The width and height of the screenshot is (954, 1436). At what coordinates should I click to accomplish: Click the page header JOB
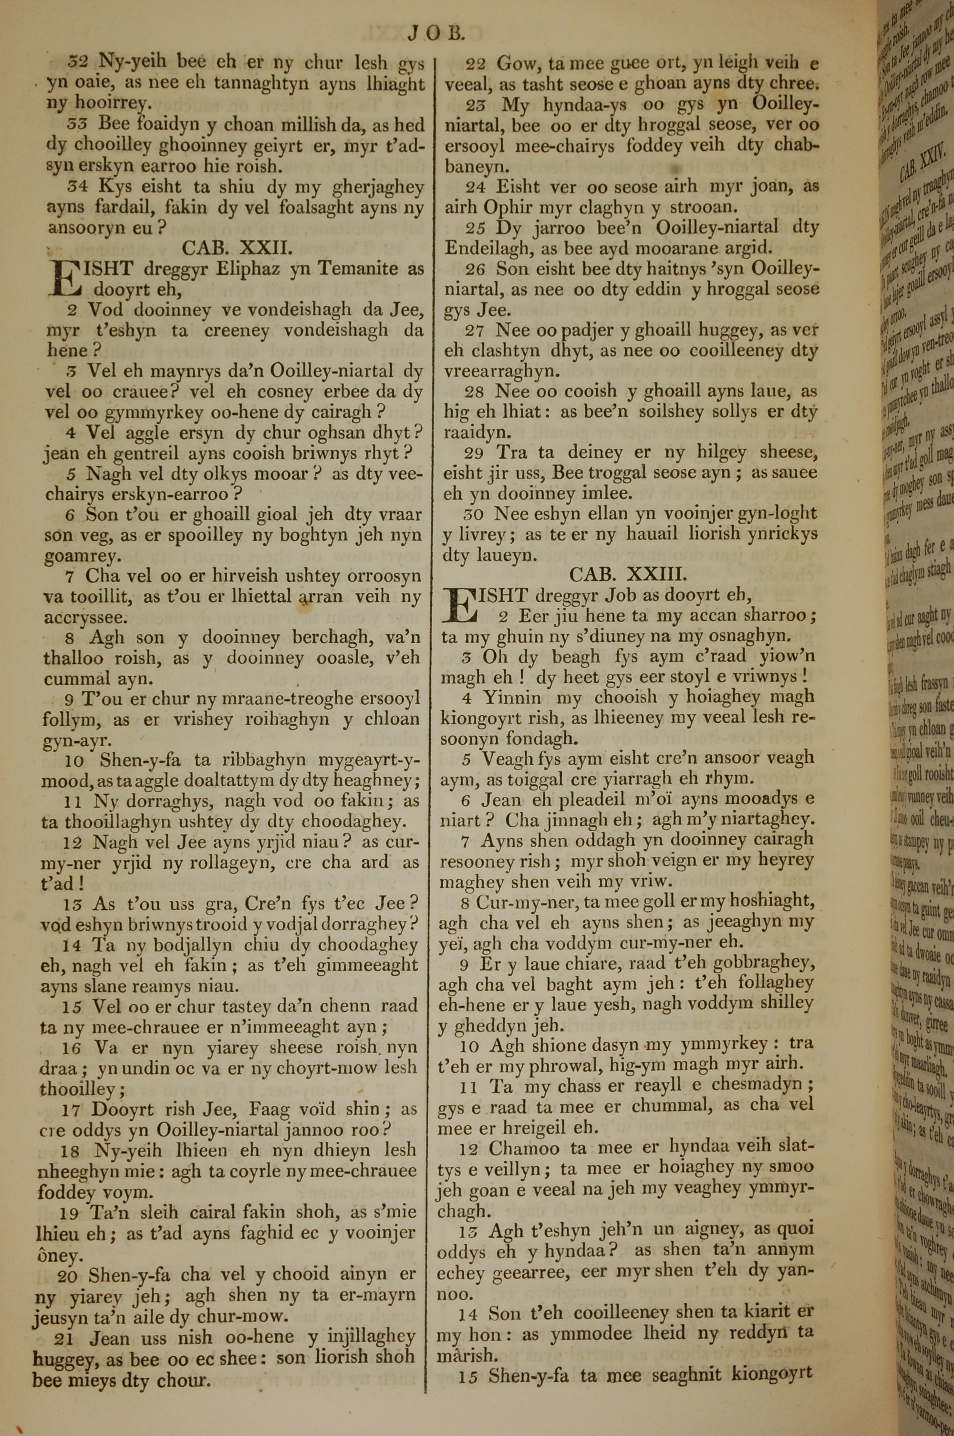click(x=436, y=33)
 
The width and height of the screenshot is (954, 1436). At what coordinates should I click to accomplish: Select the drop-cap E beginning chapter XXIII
click(x=459, y=606)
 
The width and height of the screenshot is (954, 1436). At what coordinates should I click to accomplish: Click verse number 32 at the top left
click(x=79, y=62)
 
